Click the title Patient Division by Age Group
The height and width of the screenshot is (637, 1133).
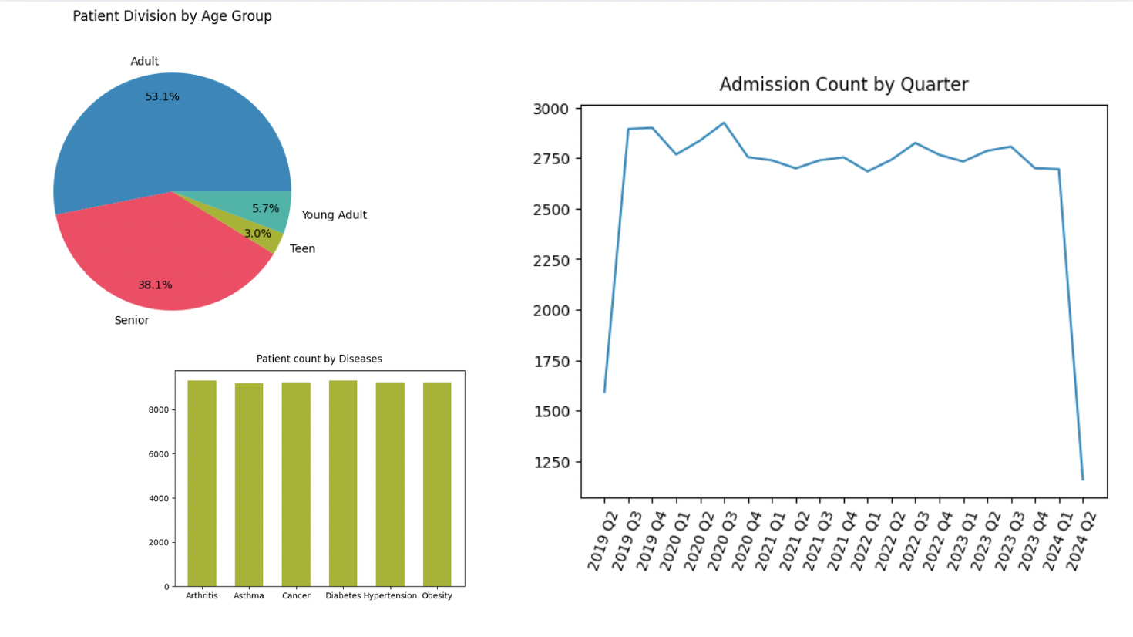(172, 16)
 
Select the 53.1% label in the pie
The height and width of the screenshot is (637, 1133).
(162, 96)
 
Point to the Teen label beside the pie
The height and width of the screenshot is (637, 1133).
(302, 248)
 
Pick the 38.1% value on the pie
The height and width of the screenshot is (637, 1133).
(155, 285)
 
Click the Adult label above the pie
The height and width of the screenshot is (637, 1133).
(144, 61)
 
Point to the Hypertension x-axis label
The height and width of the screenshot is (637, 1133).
(390, 595)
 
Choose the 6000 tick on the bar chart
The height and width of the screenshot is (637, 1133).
(158, 454)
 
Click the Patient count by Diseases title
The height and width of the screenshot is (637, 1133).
(319, 359)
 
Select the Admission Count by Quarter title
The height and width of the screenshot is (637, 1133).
(843, 84)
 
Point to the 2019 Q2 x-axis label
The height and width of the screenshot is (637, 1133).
(602, 541)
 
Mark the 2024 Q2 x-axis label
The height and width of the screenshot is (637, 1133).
(1081, 541)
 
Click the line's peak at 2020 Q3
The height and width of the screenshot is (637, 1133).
(724, 123)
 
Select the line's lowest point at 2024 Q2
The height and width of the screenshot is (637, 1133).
(1083, 480)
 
